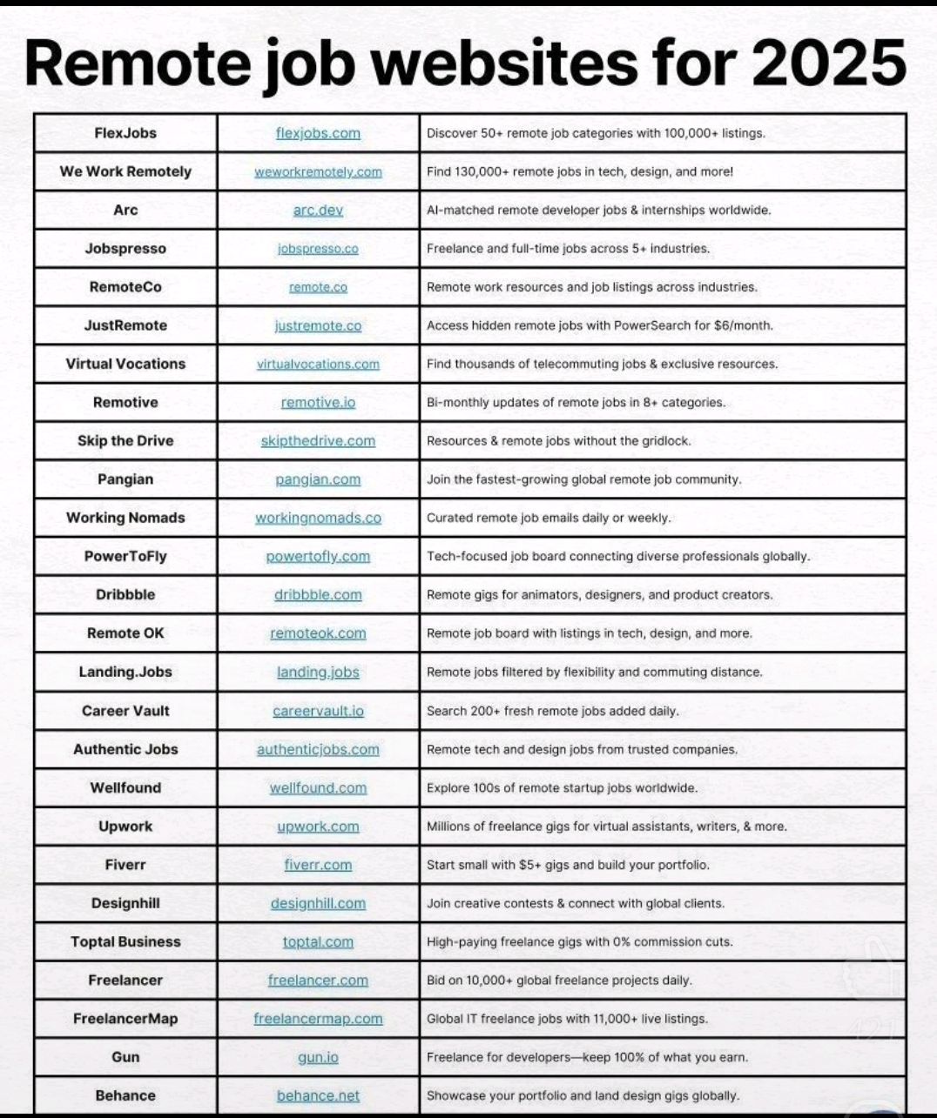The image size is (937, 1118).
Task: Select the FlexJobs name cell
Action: (x=125, y=133)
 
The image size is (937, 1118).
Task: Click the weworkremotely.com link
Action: (x=318, y=172)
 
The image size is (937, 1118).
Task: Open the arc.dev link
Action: (x=318, y=211)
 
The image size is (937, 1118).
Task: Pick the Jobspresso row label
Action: (x=125, y=249)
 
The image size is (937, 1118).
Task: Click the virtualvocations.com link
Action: (x=318, y=365)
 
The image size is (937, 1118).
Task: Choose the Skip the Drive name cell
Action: (x=125, y=441)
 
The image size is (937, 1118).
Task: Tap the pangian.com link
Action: (x=318, y=479)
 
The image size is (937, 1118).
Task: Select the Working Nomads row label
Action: (x=125, y=518)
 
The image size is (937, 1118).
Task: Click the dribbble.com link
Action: (x=318, y=595)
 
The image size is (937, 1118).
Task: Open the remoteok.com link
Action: (x=318, y=633)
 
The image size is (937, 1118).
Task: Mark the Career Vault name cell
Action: (x=125, y=711)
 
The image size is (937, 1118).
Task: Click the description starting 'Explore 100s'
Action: (x=562, y=788)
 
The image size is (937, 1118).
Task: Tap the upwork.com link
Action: (x=318, y=827)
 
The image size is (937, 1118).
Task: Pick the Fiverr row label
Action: (x=125, y=865)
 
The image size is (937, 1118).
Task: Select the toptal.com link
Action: (x=318, y=942)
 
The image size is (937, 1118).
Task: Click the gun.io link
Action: (x=318, y=1057)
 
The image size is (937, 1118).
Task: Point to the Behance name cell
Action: (x=125, y=1095)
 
